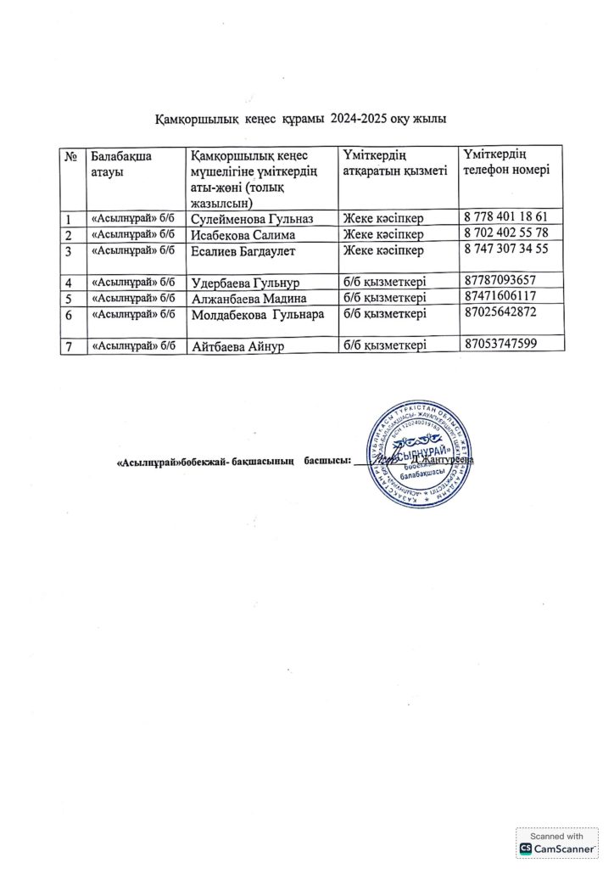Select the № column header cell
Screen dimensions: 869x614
click(x=71, y=157)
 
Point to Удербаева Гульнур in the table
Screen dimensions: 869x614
click(x=247, y=282)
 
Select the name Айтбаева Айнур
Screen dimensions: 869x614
click(x=239, y=345)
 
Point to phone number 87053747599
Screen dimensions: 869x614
click(x=500, y=345)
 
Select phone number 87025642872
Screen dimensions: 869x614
click(x=500, y=312)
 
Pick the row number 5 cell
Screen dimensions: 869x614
click(x=69, y=297)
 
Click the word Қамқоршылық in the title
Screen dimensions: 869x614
click(x=186, y=120)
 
